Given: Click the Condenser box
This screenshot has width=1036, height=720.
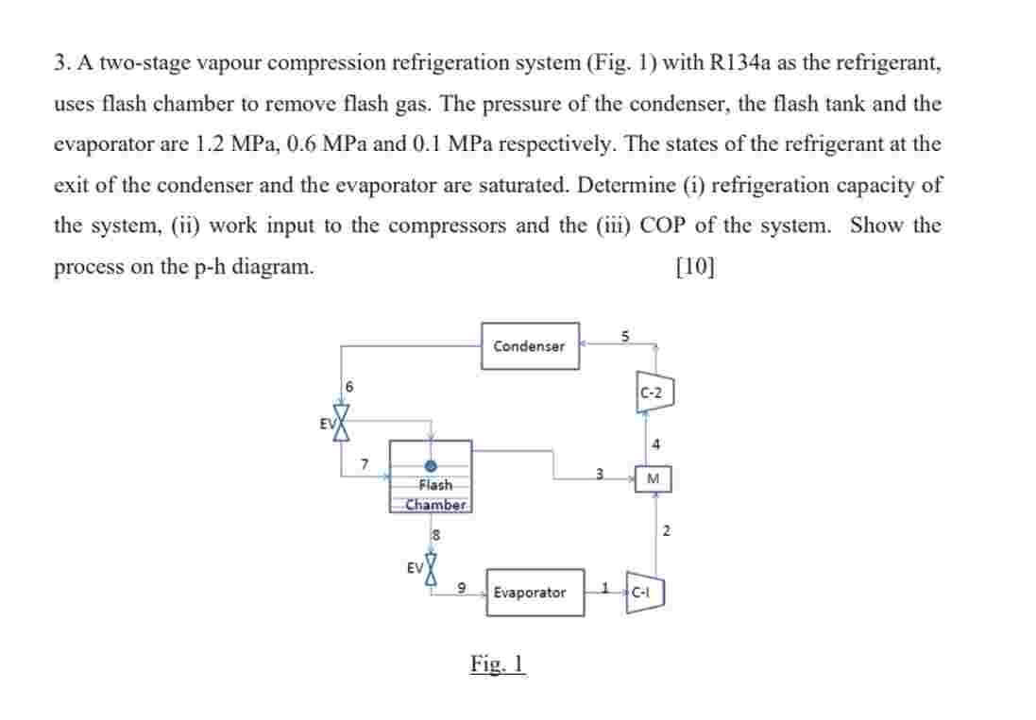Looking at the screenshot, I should (x=530, y=345).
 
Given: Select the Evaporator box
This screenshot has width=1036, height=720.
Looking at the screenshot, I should (x=535, y=593).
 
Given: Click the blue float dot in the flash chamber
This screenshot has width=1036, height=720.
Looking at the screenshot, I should (x=432, y=465).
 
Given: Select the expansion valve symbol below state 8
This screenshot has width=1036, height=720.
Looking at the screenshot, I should (x=432, y=568).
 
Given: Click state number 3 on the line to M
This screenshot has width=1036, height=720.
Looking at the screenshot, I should (x=597, y=471).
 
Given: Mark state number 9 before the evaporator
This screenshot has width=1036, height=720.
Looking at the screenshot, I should (x=461, y=588).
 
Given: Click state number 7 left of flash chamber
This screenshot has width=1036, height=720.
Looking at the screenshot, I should (x=365, y=462).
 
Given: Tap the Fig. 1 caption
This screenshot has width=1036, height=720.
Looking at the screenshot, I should (x=498, y=663).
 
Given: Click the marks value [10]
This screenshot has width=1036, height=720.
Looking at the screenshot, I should (x=696, y=266).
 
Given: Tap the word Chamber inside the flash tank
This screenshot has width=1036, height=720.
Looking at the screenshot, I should (x=435, y=504).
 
